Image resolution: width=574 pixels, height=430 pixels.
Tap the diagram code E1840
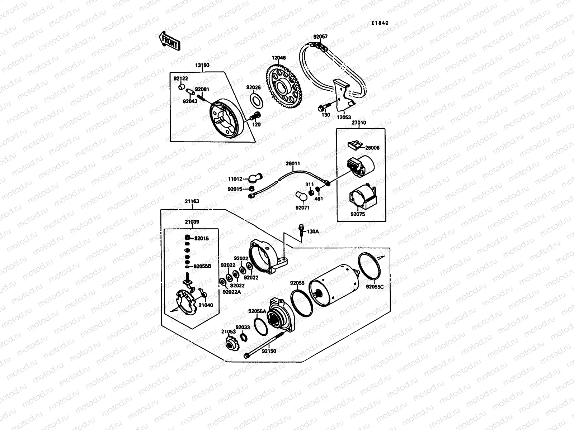(x=380, y=23)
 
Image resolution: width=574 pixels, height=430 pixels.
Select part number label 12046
(x=278, y=58)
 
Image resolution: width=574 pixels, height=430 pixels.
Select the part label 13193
(x=202, y=66)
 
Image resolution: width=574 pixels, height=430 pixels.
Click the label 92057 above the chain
(x=320, y=37)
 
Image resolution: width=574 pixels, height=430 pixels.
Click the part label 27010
(x=359, y=123)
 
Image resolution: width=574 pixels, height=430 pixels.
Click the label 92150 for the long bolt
(x=269, y=352)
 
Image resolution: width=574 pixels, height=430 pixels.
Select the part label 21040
(x=206, y=305)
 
